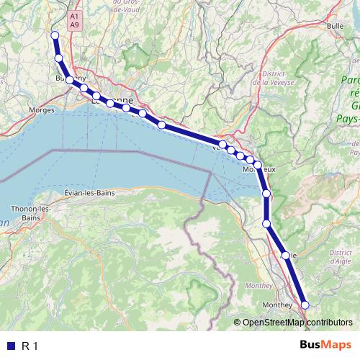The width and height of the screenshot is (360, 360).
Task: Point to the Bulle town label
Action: point(335,26)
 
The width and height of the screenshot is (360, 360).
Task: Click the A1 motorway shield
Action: point(75,15)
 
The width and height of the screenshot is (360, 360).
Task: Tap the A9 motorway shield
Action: point(75,24)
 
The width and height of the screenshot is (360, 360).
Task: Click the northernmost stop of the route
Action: point(55,35)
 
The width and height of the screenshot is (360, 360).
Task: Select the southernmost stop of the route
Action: point(305,305)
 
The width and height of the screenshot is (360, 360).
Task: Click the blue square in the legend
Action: point(10,346)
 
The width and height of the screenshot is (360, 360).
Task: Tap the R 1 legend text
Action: point(30,346)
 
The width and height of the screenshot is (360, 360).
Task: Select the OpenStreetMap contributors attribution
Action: point(296,323)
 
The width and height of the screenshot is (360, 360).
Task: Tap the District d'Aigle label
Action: point(340,256)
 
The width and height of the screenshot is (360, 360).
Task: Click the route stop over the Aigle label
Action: point(286,256)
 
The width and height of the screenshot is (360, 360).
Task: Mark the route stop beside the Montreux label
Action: point(258,165)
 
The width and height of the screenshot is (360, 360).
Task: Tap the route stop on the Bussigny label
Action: point(70,80)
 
